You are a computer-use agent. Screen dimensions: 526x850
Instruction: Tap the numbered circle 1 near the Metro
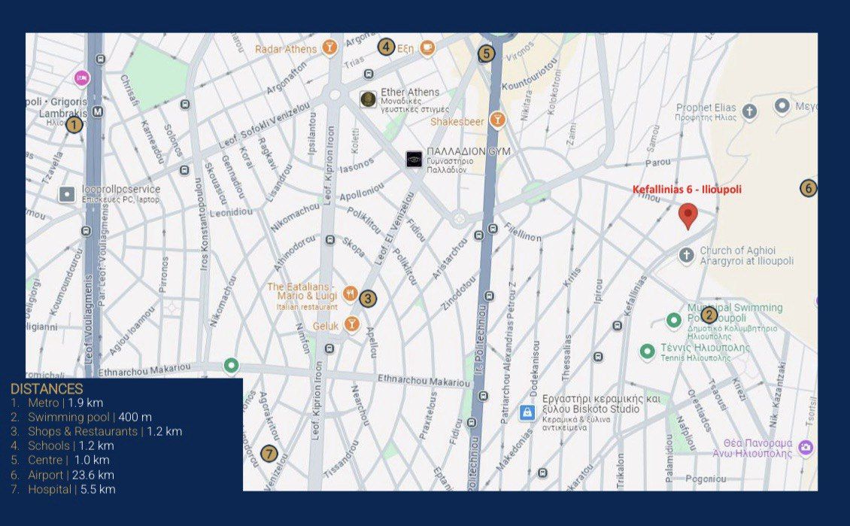(74, 125)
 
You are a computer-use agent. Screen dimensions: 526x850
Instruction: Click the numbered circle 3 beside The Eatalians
(367, 298)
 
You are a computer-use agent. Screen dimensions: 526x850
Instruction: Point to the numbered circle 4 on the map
(386, 47)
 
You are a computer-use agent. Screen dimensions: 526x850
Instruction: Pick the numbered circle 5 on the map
(486, 53)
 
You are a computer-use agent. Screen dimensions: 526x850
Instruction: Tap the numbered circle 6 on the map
(808, 188)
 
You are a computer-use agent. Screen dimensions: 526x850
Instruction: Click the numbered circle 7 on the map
(269, 454)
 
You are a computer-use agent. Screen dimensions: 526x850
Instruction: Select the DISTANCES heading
(47, 389)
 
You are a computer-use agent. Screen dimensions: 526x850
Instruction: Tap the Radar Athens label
(286, 49)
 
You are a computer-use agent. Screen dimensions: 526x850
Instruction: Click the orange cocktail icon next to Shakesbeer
(496, 119)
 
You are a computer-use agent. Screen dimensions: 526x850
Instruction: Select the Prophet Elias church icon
(749, 112)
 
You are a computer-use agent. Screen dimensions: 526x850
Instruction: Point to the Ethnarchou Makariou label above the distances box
(139, 370)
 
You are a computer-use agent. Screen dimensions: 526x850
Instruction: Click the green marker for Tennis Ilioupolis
(647, 351)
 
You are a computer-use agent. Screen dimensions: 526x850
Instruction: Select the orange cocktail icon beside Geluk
(351, 325)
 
